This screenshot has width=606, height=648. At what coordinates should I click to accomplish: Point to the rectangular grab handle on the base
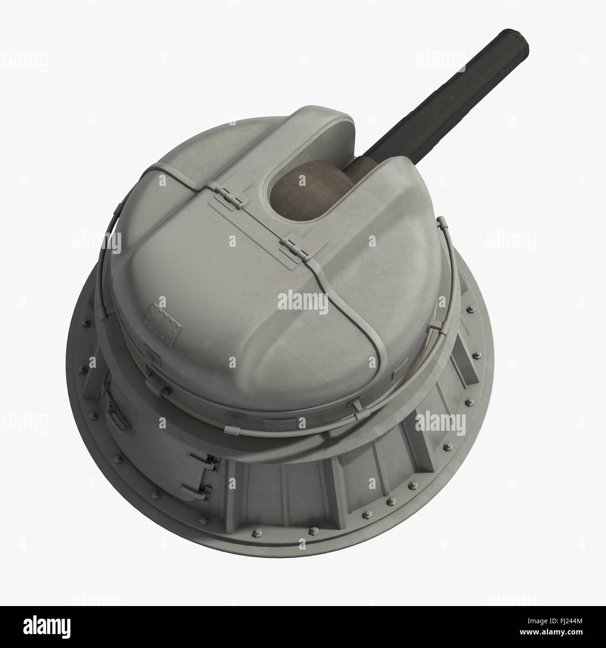pos(114,413)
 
